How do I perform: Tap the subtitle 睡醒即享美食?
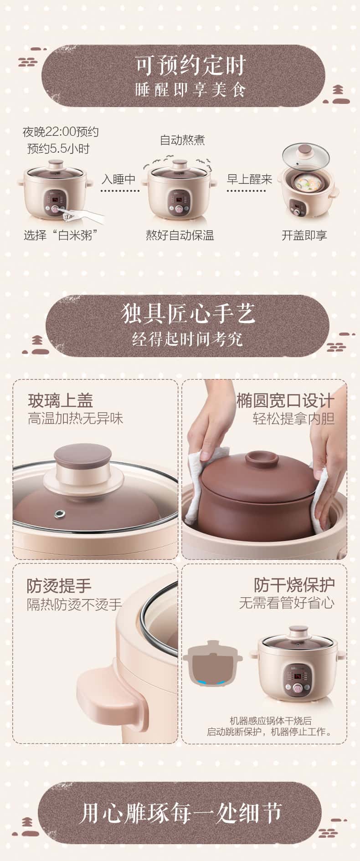tap(190, 90)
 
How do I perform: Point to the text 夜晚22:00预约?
tap(61, 132)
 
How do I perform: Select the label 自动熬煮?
tap(182, 140)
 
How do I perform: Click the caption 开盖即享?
tap(304, 235)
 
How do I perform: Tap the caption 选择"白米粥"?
tap(61, 235)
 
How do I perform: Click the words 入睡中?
tap(118, 179)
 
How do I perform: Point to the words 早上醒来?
tap(249, 179)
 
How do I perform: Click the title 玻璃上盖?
tap(61, 401)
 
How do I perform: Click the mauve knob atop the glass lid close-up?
tap(83, 460)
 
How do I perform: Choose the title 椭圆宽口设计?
tap(285, 401)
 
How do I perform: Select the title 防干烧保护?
tap(294, 585)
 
